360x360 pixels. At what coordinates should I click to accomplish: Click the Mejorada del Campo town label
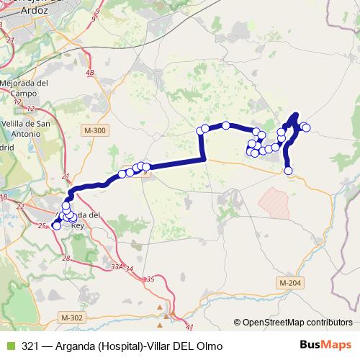click(x=24, y=88)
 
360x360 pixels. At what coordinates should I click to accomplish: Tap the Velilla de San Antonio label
click(x=26, y=127)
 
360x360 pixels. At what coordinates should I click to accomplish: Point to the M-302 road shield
click(x=73, y=317)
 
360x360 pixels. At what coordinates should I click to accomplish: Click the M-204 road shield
click(x=289, y=283)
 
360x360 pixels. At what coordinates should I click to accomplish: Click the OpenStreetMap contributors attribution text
click(x=297, y=323)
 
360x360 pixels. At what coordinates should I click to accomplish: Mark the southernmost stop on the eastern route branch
click(x=289, y=171)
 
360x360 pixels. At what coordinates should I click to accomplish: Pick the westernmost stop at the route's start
click(x=57, y=226)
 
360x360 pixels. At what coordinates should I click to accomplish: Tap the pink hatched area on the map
click(x=276, y=201)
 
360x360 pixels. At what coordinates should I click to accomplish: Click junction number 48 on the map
click(x=89, y=73)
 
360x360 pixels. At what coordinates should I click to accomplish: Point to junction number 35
click(x=150, y=279)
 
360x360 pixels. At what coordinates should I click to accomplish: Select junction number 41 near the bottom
click(x=189, y=326)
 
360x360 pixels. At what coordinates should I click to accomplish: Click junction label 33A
click(x=117, y=266)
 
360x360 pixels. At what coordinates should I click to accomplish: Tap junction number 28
click(x=66, y=258)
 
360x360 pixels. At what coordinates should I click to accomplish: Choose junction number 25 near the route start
click(x=42, y=226)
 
